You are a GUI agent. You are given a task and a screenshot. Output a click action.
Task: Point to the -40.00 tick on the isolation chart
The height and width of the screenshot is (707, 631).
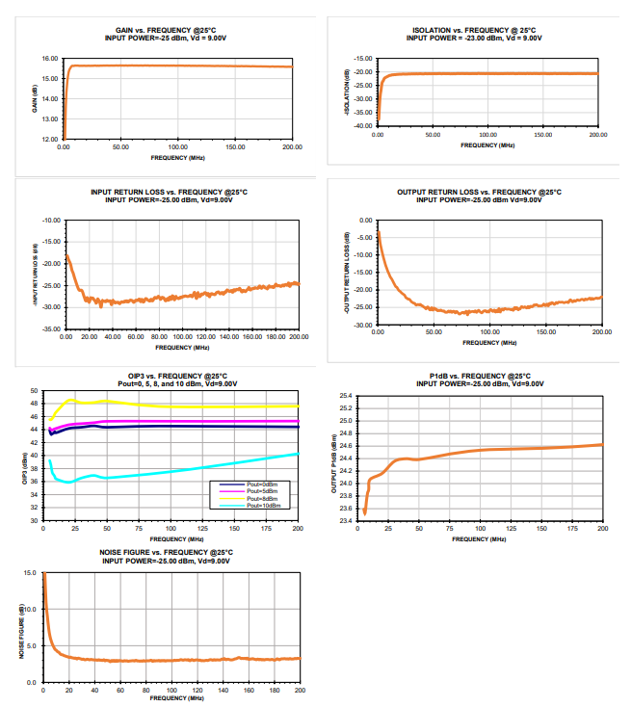click(363, 125)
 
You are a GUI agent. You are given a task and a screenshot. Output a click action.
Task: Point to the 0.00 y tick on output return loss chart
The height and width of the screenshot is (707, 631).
click(365, 221)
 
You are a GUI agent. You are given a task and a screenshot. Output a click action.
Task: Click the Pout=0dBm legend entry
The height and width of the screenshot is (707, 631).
click(262, 484)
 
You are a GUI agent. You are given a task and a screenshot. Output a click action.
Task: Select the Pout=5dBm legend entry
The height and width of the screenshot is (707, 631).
click(262, 491)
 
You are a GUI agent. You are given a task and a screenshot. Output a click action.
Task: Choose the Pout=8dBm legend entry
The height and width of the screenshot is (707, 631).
click(262, 498)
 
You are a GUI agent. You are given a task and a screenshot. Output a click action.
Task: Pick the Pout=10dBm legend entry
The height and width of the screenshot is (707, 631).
click(263, 506)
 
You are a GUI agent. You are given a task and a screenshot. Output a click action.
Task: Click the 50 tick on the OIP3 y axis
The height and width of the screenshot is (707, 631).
click(33, 390)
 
